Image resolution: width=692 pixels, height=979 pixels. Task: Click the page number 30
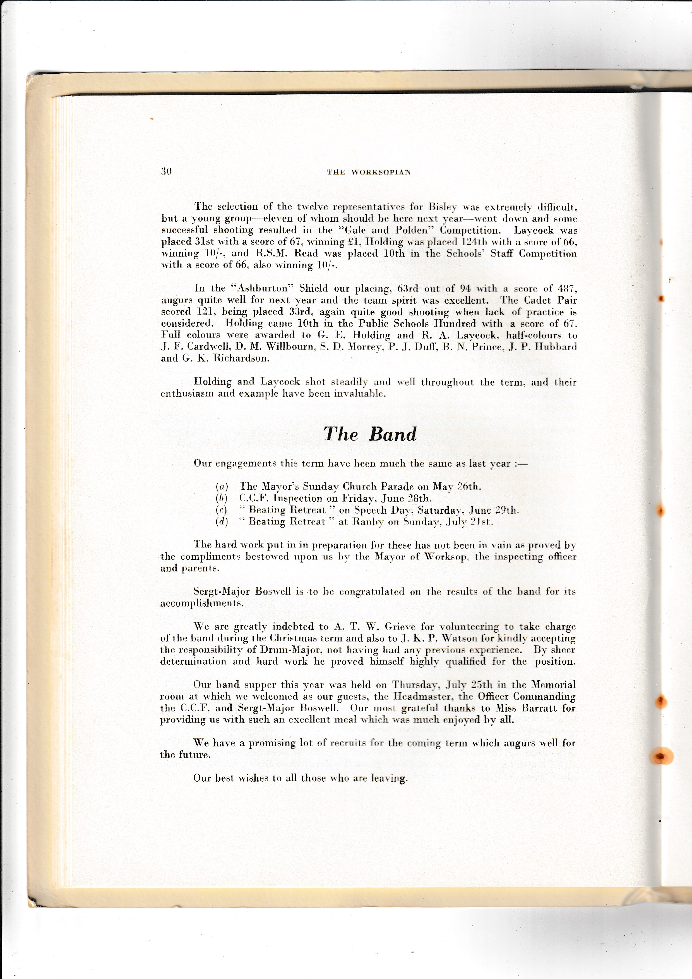point(166,171)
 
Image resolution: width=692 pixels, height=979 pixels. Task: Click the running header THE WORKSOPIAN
point(369,172)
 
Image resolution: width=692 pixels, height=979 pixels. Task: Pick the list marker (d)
point(222,522)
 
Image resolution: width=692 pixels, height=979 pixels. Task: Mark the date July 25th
point(469,685)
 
